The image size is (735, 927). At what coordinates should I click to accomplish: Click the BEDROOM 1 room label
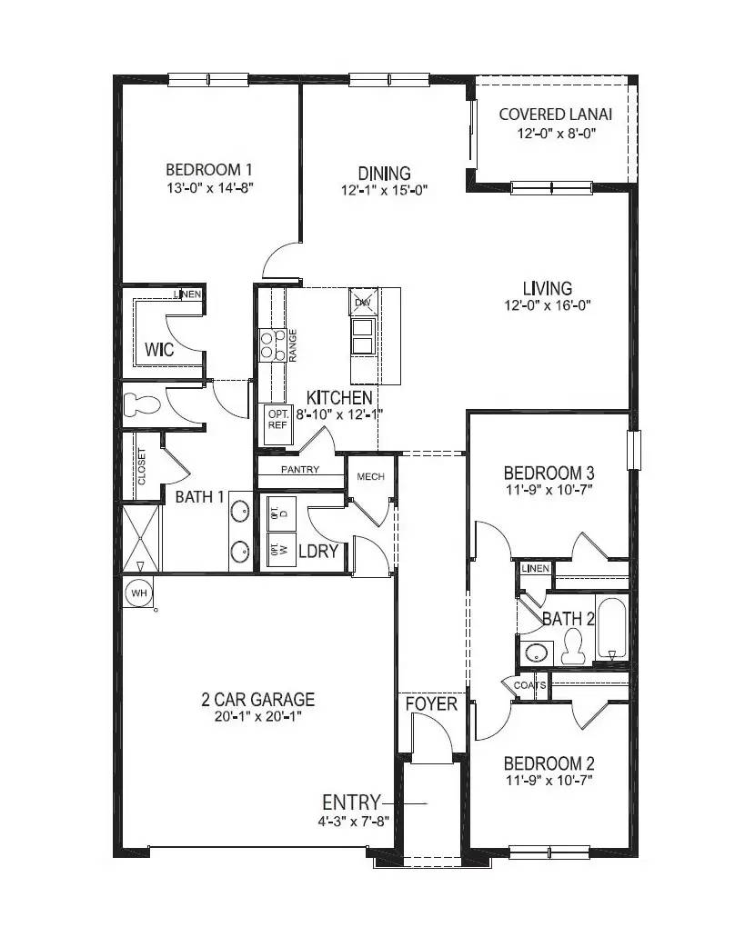208,169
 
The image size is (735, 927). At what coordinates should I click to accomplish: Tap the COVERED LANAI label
555,115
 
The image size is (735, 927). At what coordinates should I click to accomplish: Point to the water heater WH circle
139,593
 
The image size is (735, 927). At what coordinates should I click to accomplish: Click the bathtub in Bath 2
612,628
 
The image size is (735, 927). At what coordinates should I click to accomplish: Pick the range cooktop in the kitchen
271,344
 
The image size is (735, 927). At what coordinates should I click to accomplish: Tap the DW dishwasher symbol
362,301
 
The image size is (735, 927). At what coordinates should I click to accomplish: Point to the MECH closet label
370,476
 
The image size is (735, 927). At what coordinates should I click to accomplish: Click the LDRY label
318,551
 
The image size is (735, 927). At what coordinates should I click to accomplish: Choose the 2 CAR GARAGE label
257,700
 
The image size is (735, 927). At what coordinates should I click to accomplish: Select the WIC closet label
159,349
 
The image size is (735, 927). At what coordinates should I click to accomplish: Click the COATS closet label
529,685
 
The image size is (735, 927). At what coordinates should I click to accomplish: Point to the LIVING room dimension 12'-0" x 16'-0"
548,306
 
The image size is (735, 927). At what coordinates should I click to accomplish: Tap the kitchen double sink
363,336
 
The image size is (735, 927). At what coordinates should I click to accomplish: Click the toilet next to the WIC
142,404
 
